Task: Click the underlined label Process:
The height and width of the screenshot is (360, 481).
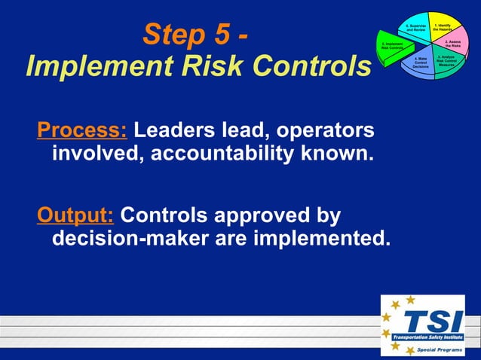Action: [x=82, y=130]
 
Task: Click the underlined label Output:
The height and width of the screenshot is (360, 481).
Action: [x=75, y=216]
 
